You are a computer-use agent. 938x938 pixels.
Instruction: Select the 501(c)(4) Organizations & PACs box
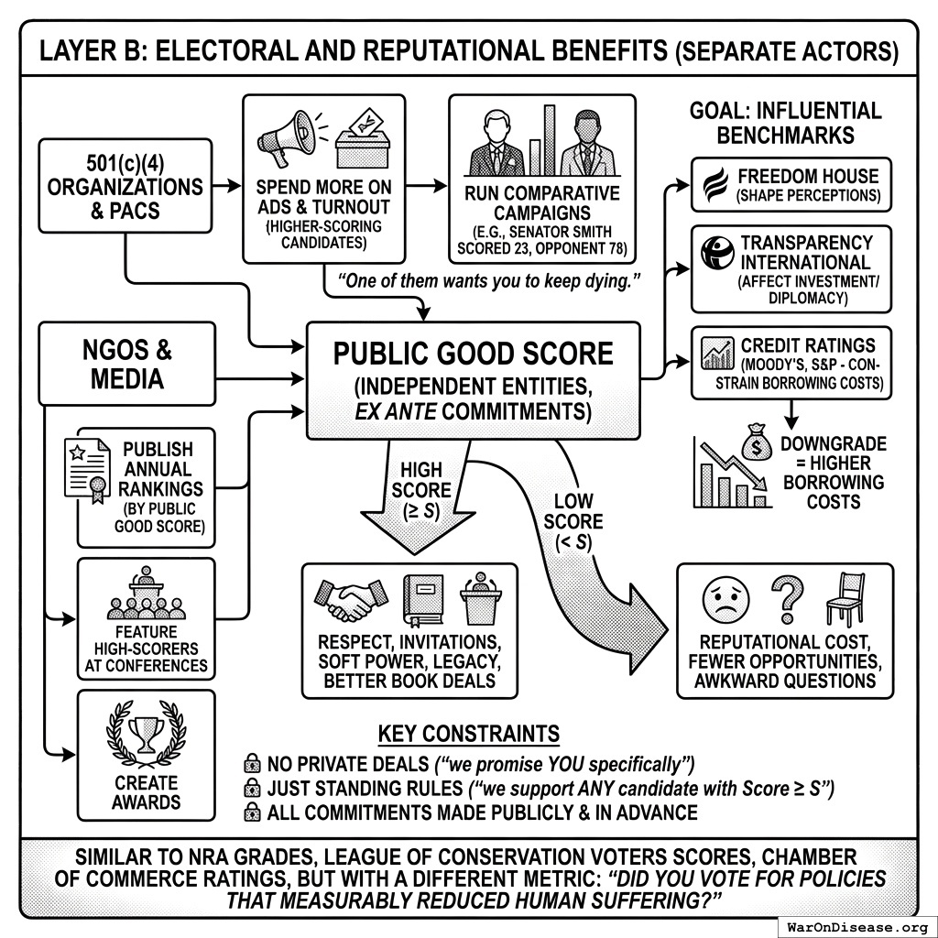click(126, 185)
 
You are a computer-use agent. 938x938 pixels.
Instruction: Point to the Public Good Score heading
click(473, 354)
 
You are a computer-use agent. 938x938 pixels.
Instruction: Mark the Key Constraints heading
click(468, 734)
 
